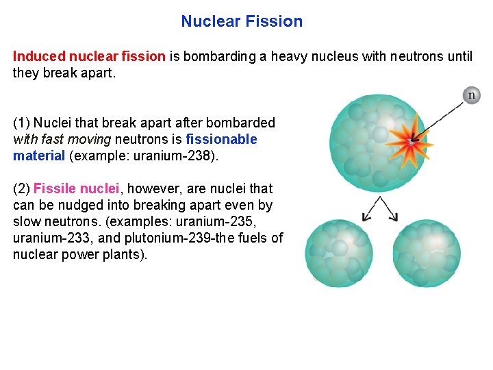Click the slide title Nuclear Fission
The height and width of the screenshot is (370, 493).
[242, 21]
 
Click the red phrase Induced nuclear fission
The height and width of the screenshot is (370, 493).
[89, 56]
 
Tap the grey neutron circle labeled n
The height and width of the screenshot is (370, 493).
[471, 95]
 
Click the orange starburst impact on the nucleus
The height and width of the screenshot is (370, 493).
[409, 142]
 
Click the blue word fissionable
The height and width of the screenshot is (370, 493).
[222, 140]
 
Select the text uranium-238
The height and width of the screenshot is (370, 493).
[180, 156]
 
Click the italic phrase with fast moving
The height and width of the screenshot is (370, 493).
[62, 140]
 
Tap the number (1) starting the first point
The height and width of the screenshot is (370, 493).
[21, 123]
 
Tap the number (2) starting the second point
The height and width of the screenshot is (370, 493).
[21, 188]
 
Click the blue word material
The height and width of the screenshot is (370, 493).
[38, 156]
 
